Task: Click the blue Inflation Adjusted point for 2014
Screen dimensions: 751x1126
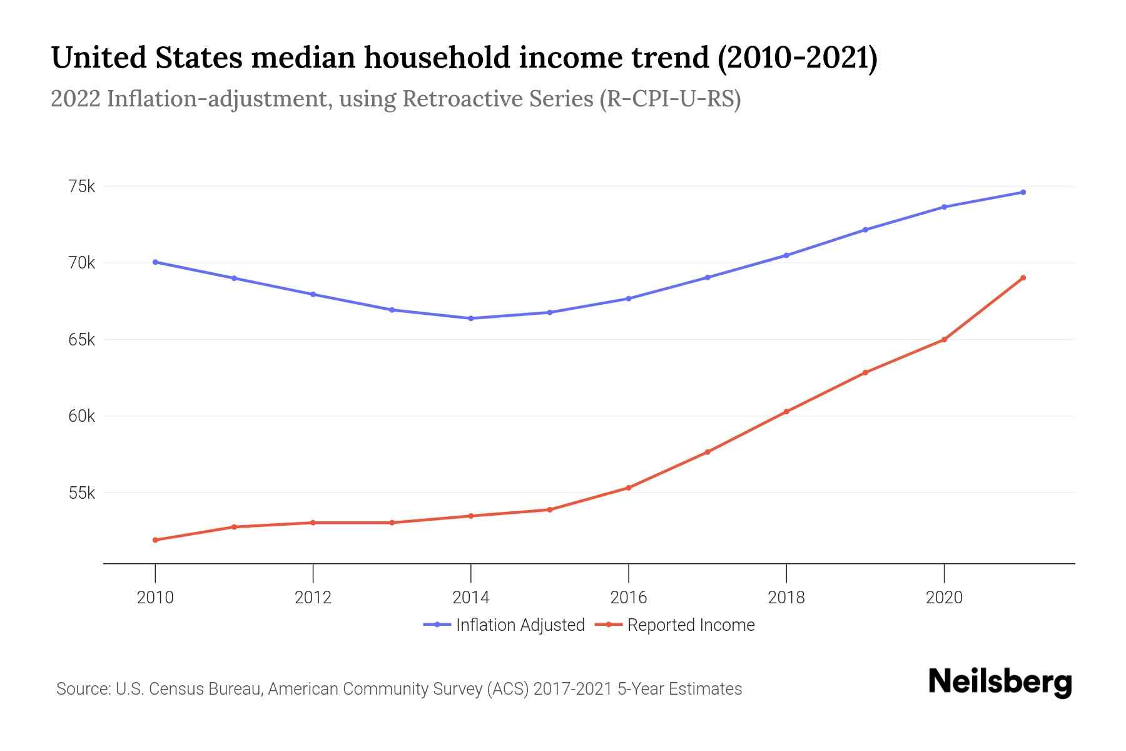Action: coord(470,319)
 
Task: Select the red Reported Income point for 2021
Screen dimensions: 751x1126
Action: coord(1023,278)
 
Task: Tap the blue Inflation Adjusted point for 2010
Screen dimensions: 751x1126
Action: coord(155,262)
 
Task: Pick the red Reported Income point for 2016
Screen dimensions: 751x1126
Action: coord(629,488)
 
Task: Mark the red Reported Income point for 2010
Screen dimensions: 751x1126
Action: coord(155,539)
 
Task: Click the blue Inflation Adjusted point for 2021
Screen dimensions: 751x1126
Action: coord(1023,192)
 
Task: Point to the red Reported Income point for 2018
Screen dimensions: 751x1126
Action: coord(786,412)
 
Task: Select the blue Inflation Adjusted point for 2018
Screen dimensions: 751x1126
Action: coord(786,255)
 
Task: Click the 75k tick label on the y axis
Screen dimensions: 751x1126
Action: coord(82,186)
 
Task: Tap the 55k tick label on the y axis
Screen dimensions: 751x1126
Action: coord(82,493)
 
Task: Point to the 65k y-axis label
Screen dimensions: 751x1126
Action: coord(82,340)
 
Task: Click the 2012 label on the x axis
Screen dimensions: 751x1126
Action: coord(313,598)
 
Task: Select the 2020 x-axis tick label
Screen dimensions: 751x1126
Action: coord(944,598)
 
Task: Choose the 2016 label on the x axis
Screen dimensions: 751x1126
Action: coord(629,598)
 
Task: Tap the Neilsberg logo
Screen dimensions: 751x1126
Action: coord(1000,682)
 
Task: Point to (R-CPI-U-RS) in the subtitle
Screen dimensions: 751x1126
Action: coord(669,99)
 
